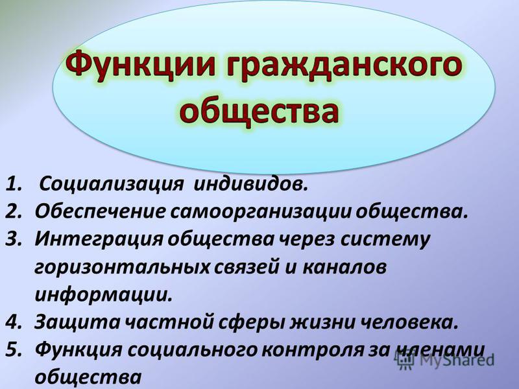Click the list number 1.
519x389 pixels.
(13, 184)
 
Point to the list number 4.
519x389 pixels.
(14, 322)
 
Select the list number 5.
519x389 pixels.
(14, 349)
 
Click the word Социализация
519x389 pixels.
(111, 185)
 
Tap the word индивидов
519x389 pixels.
(250, 184)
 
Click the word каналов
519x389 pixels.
(344, 266)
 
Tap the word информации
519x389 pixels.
(104, 295)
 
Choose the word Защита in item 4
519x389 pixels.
(77, 322)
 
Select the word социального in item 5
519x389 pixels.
(192, 349)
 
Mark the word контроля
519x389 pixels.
(312, 350)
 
